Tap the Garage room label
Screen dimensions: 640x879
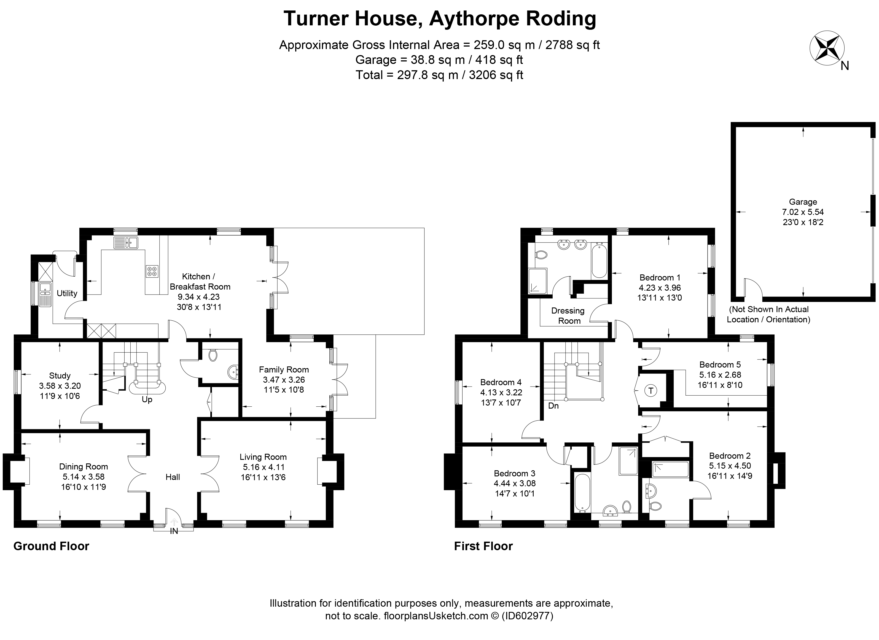click(803, 202)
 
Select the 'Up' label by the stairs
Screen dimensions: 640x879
click(147, 399)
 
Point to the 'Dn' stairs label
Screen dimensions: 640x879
click(553, 406)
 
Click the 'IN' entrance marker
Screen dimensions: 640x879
click(174, 531)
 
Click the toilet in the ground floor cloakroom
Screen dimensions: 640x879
click(213, 356)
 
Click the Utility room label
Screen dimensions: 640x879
click(67, 293)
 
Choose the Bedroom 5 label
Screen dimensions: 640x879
click(720, 364)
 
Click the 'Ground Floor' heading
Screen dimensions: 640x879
click(51, 546)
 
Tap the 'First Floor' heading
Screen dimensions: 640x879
click(483, 546)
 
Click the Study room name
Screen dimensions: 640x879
click(60, 376)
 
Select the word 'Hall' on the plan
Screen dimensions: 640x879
click(173, 477)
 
